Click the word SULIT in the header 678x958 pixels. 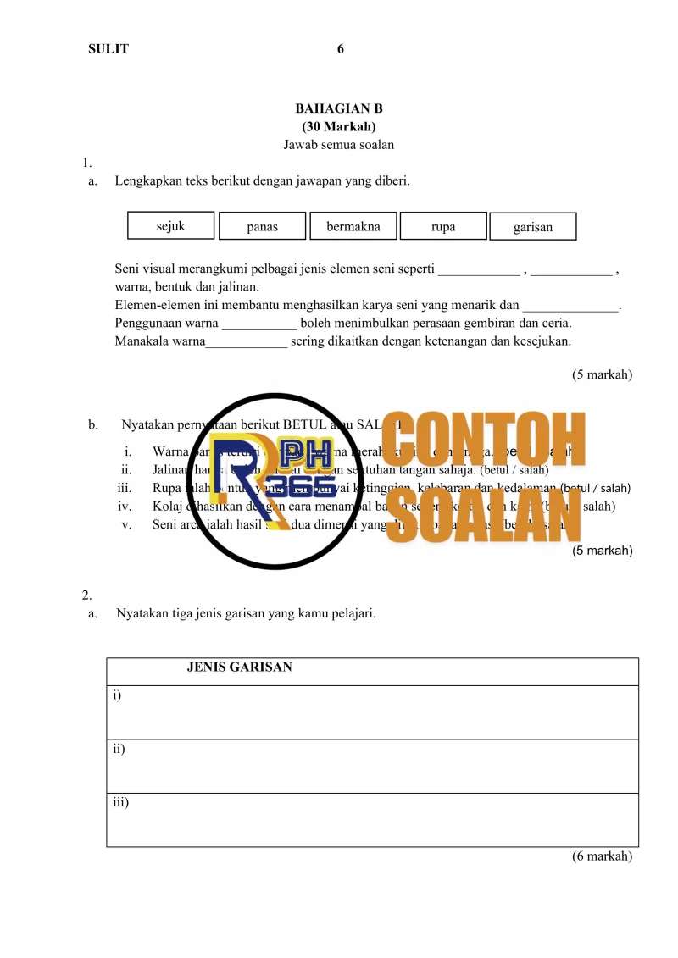(x=108, y=49)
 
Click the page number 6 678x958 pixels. (x=340, y=49)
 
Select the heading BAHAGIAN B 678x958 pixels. (x=339, y=108)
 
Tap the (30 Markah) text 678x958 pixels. (x=339, y=126)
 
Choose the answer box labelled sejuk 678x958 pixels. (x=170, y=226)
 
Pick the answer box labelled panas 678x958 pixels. (x=262, y=227)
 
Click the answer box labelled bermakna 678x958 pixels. (x=353, y=227)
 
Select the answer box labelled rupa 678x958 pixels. (x=443, y=227)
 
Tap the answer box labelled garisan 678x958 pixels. (x=533, y=227)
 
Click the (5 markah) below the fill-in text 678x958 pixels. (x=602, y=374)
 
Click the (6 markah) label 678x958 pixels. (x=602, y=856)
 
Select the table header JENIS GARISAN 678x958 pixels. (x=239, y=667)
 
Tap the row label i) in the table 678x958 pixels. (x=117, y=695)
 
